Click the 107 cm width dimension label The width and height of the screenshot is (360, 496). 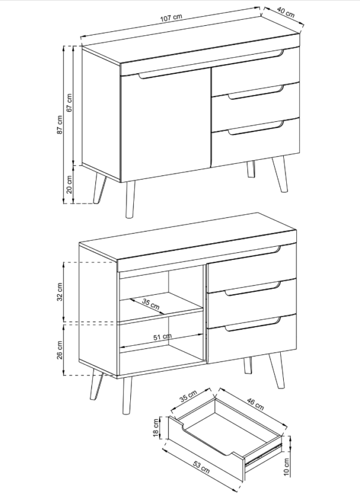click(171, 18)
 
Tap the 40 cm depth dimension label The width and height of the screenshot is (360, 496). click(286, 12)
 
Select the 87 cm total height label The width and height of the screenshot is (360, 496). click(60, 124)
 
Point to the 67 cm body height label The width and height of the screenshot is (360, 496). click(70, 102)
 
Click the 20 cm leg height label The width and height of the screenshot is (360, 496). click(70, 184)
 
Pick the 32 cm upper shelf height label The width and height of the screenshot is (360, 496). click(60, 292)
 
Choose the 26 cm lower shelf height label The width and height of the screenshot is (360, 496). click(60, 350)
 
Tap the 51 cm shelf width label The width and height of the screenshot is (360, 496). click(163, 337)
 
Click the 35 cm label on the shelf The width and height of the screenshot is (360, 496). click(151, 304)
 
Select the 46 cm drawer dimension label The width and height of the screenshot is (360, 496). click(255, 404)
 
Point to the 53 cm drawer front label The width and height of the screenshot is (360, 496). click(201, 467)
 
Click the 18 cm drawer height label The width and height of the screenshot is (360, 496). click(156, 428)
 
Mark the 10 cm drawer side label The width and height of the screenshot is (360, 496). click(286, 467)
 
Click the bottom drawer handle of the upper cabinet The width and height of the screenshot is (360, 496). click(256, 128)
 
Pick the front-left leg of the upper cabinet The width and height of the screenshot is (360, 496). click(130, 199)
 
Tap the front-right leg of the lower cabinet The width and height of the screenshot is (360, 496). click(277, 370)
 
